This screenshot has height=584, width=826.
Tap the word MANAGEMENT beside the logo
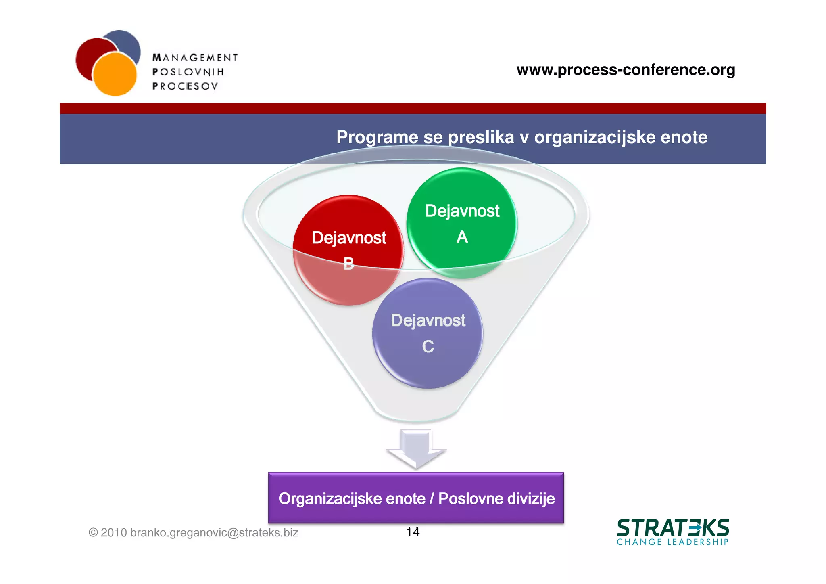(195, 58)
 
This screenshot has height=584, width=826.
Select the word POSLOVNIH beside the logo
(188, 72)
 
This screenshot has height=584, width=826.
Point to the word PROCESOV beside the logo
(185, 86)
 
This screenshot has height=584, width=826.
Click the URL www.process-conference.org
(626, 70)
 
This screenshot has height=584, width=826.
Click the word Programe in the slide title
(378, 137)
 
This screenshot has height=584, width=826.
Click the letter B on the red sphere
(348, 264)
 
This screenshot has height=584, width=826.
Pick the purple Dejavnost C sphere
(428, 333)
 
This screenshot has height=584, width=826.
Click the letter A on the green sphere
(462, 237)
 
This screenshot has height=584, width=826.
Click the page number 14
(413, 532)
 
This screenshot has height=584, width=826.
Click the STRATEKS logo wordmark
(673, 528)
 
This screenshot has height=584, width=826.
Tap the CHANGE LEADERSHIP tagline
(673, 542)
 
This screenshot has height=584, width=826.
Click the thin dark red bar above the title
(413, 108)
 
